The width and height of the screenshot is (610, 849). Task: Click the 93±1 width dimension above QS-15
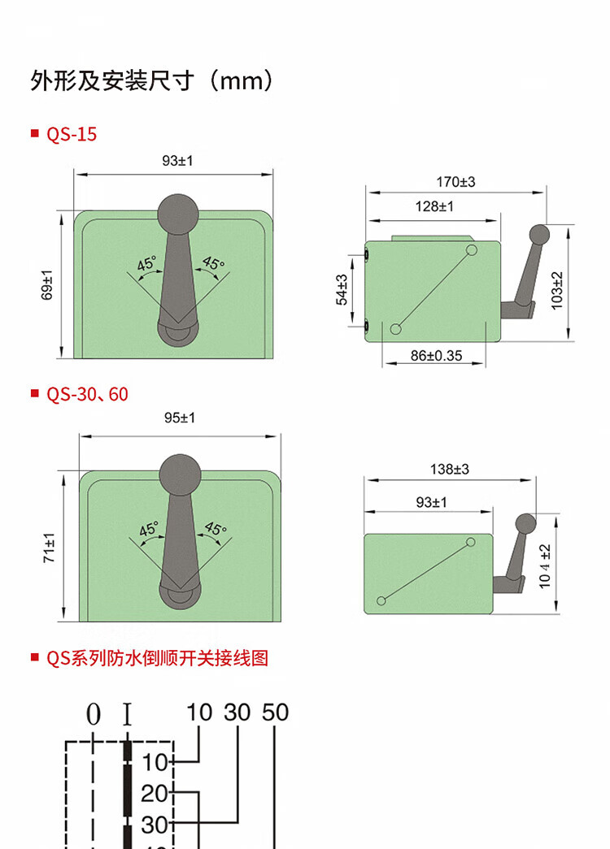point(177,161)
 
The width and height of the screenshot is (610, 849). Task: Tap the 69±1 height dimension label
point(48,285)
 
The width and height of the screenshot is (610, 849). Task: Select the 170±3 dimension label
point(455,182)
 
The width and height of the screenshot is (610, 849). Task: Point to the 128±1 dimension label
point(434,207)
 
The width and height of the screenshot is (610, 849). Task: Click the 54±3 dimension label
point(342,290)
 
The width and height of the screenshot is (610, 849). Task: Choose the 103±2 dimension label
point(557,291)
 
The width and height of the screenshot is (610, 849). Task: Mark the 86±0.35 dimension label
point(436,356)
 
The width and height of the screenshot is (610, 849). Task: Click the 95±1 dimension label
point(180,418)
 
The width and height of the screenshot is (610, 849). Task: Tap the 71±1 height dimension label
point(50,548)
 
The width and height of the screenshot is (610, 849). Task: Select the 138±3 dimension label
point(449,470)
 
